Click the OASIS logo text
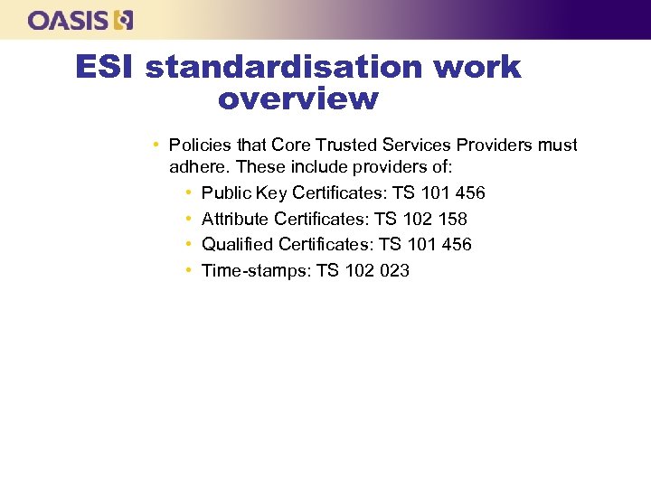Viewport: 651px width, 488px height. [x=69, y=20]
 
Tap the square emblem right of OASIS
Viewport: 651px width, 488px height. [x=124, y=20]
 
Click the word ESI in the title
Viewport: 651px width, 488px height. [x=106, y=67]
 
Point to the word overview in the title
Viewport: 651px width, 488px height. [x=297, y=99]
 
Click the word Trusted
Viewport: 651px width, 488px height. [x=348, y=145]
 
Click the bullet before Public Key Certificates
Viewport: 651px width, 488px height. [x=187, y=193]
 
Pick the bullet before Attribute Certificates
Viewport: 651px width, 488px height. [x=187, y=219]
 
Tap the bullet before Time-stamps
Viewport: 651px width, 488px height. [x=187, y=270]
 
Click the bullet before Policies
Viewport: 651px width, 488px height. [x=156, y=145]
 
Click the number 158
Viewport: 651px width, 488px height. [x=451, y=219]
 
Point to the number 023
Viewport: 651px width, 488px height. [x=393, y=270]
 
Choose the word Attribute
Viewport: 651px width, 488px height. [x=234, y=219]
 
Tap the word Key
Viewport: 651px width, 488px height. [x=272, y=193]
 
